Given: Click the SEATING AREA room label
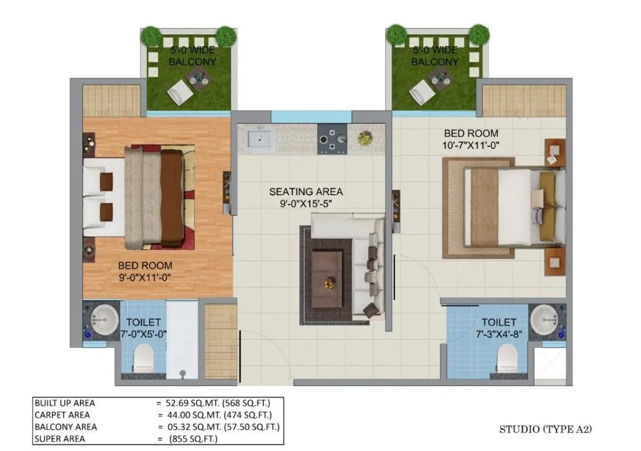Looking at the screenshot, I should click(x=306, y=191).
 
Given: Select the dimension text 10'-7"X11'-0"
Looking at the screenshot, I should click(x=471, y=146).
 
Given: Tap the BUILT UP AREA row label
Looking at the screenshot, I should click(x=65, y=403).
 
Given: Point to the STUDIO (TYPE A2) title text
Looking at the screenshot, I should click(x=545, y=429).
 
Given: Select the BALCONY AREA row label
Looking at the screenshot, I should click(x=65, y=427).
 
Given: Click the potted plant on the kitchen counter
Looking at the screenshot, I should click(x=364, y=137).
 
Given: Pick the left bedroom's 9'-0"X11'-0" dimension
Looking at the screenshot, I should click(x=145, y=277).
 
